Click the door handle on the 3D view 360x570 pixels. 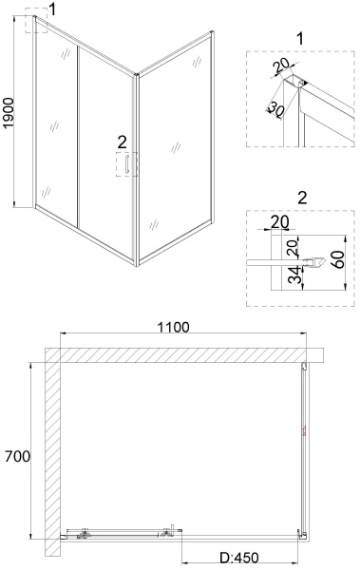coord(122,165)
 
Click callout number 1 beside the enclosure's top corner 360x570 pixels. coord(53,10)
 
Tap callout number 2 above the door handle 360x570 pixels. coord(122,141)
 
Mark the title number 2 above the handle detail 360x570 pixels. coord(301,198)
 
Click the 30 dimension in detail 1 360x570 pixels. coord(275,111)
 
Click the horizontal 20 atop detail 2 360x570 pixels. coord(279,221)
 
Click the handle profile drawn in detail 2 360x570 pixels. coord(266,258)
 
